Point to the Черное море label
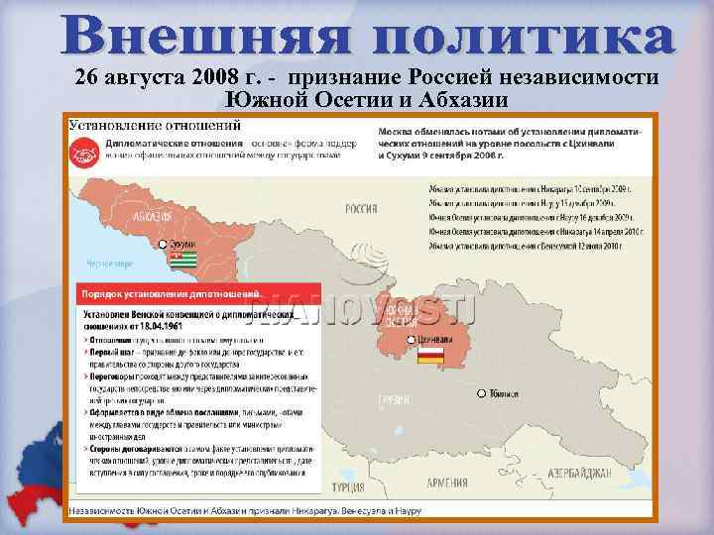click(109, 264)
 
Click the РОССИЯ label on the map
click(360, 209)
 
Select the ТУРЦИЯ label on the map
click(347, 487)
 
